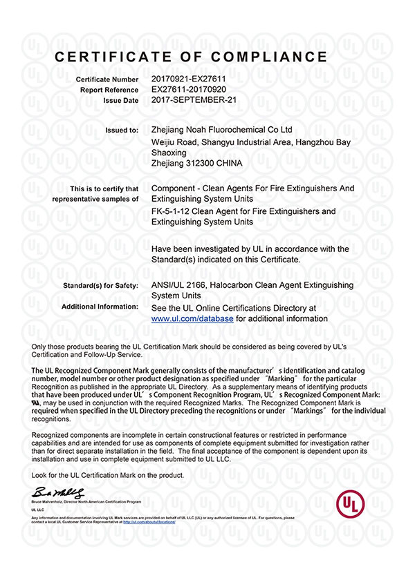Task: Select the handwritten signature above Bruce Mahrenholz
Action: (x=57, y=493)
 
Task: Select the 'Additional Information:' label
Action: (x=100, y=306)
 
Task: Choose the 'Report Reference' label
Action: (x=109, y=90)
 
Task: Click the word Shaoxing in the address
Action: (x=168, y=152)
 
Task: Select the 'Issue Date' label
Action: (x=118, y=100)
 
